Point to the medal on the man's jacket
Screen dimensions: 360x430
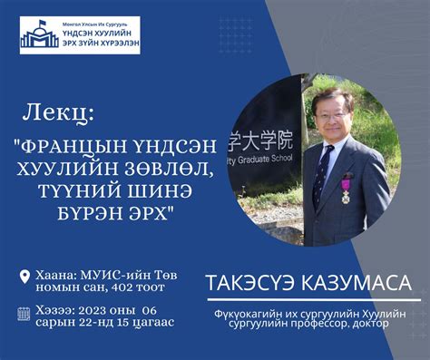pos(345,193)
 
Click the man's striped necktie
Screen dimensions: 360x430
pos(321,172)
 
